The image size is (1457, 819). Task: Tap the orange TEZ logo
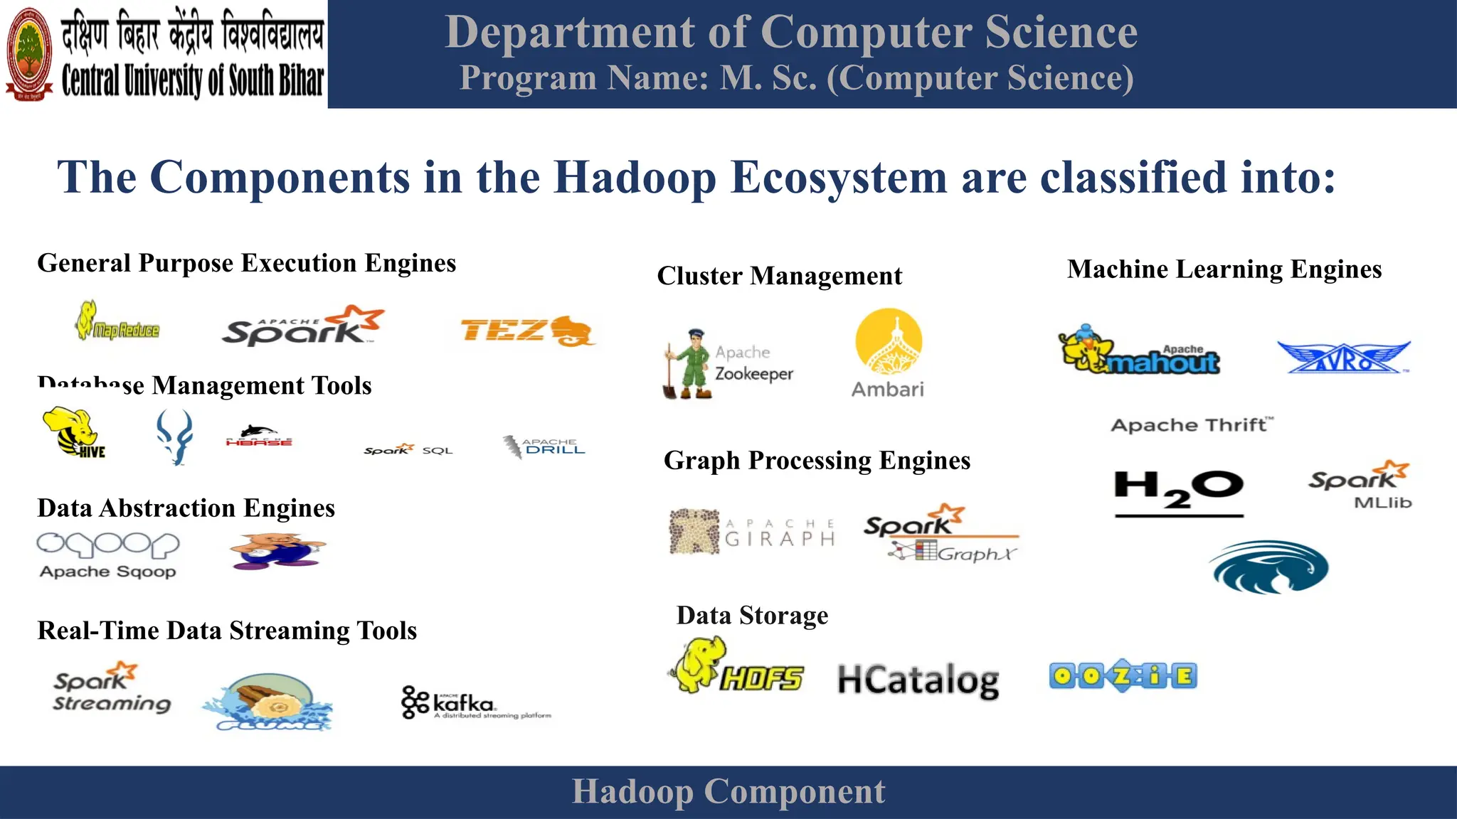pos(526,331)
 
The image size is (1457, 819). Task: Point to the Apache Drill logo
pos(544,446)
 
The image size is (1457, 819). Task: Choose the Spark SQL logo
pos(408,449)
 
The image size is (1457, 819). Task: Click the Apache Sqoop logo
pos(108,555)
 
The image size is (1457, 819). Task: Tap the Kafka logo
pos(475,703)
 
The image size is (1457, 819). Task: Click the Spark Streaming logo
pos(112,687)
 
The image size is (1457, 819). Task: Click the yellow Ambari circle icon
pos(889,341)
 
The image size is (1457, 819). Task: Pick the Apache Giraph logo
pos(752,531)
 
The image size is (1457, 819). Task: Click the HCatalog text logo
pos(918,680)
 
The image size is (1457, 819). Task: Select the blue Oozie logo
pos(1123,675)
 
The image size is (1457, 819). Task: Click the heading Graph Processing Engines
pos(817,461)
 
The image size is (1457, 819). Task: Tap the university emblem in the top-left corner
pos(29,54)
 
